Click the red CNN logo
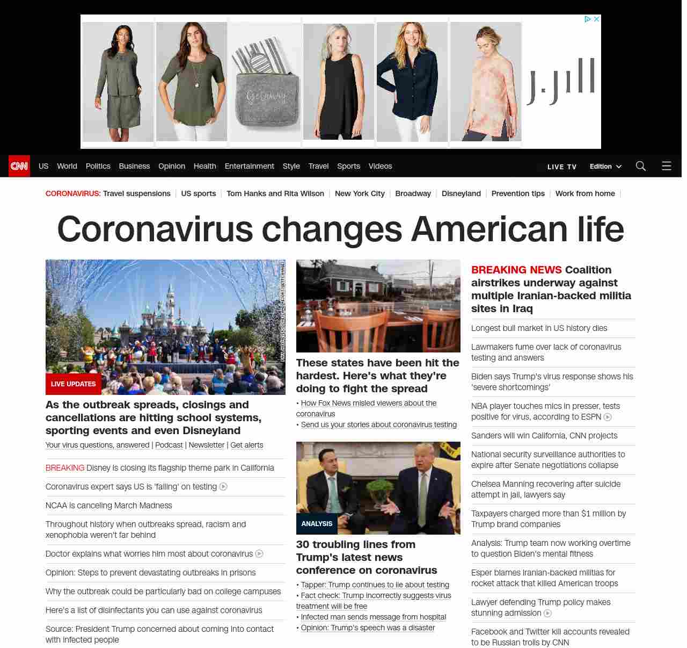click(x=19, y=166)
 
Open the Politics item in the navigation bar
click(x=98, y=166)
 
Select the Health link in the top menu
click(x=204, y=166)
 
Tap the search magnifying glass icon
click(x=640, y=166)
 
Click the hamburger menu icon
click(x=666, y=166)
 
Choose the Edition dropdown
click(x=605, y=167)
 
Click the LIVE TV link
click(x=561, y=167)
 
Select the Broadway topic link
click(x=413, y=193)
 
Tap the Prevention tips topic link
click(x=517, y=193)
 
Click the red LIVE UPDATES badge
click(x=74, y=384)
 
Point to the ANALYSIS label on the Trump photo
click(x=317, y=523)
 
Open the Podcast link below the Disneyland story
click(x=169, y=445)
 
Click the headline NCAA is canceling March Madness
click(x=109, y=506)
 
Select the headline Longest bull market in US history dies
click(x=539, y=328)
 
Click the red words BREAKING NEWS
click(x=516, y=270)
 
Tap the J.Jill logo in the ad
click(x=561, y=81)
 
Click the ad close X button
click(x=596, y=19)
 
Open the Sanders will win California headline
click(x=544, y=436)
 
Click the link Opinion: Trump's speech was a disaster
click(x=368, y=628)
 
